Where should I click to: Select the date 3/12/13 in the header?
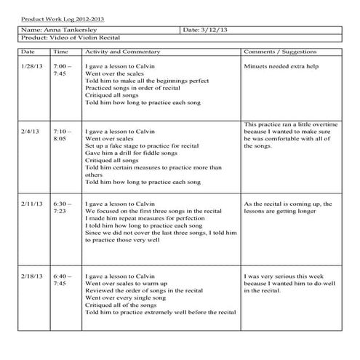point(207,30)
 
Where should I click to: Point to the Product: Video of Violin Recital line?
point(71,38)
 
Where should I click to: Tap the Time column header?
point(61,53)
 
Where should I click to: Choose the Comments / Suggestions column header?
point(282,53)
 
